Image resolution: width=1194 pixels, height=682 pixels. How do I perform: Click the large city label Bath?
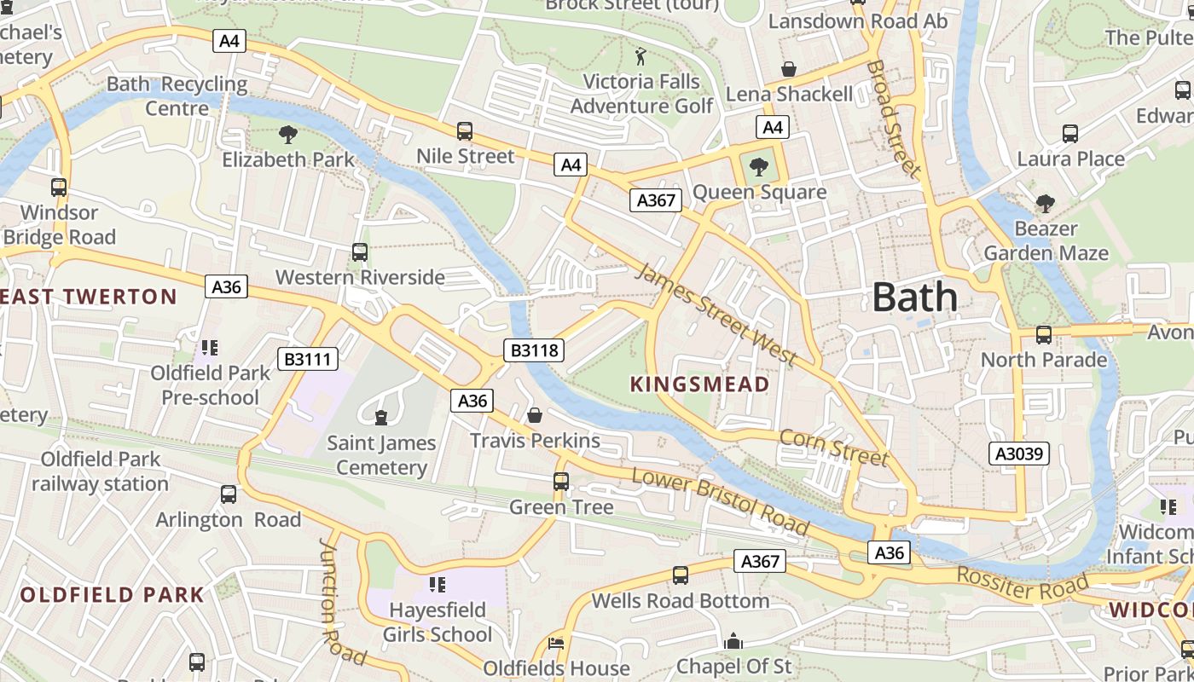point(915,298)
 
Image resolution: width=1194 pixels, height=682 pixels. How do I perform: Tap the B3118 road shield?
point(535,350)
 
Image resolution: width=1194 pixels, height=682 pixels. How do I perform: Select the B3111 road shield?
point(308,359)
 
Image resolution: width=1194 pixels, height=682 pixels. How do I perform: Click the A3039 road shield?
point(1020,454)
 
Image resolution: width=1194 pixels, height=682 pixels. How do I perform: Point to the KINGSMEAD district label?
point(699,384)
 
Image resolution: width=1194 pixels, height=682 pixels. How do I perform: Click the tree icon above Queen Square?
point(758,166)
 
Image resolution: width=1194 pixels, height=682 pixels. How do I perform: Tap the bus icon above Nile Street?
point(465,131)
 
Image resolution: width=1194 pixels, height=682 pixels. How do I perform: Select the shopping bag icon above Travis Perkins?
point(535,415)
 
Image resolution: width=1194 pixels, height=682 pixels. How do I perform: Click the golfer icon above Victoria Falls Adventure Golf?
point(640,57)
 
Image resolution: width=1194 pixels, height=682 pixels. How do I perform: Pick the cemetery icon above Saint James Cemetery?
point(380,417)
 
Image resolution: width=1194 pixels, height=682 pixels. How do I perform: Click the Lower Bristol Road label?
point(721,502)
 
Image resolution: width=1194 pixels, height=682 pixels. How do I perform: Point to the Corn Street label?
point(834,447)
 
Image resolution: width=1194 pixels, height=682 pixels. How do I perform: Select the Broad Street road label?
point(894,118)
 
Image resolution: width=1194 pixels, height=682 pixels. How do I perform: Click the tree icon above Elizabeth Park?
point(288,134)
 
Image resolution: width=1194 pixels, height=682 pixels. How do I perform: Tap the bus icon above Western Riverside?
point(360,252)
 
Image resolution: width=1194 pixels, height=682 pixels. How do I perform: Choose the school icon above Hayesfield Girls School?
point(438,585)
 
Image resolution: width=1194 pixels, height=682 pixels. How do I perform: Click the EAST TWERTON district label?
point(89,297)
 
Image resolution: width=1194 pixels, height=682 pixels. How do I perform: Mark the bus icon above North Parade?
point(1043,335)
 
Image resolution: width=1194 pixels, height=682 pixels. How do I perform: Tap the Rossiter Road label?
point(1023,582)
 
